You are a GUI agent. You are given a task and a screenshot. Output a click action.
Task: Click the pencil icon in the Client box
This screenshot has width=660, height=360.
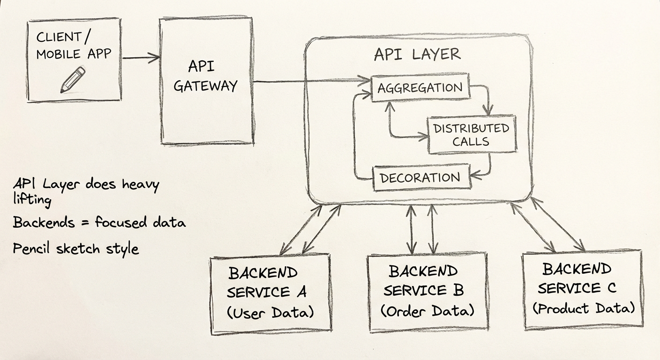click(73, 79)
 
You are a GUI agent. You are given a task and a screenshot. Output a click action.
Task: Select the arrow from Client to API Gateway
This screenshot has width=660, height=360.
click(141, 58)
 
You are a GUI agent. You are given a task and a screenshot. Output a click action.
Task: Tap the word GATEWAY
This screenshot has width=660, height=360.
click(205, 86)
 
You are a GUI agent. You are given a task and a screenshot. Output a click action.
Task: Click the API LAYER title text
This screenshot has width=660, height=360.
click(417, 54)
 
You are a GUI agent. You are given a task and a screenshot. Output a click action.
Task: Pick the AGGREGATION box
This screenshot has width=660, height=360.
click(420, 87)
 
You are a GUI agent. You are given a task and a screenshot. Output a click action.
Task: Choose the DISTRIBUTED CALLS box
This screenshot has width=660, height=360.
click(471, 135)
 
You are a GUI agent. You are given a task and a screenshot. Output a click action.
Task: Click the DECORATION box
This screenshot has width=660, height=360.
click(420, 178)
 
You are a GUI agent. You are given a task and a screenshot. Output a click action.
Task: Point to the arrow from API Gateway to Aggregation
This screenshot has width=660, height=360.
click(309, 82)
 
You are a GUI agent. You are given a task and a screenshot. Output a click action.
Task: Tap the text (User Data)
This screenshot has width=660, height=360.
click(270, 312)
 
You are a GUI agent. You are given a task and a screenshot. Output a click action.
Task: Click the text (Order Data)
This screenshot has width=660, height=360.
click(427, 310)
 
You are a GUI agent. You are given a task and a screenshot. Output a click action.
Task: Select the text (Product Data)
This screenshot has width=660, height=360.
click(584, 308)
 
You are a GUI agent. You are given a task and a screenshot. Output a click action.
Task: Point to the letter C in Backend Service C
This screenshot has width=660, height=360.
click(611, 287)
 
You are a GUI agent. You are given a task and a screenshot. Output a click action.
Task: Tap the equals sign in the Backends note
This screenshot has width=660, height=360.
click(84, 222)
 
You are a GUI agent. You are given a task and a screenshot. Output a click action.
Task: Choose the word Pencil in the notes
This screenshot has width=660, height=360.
click(32, 248)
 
